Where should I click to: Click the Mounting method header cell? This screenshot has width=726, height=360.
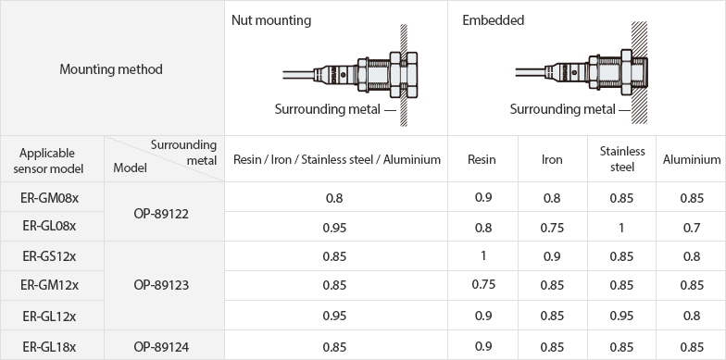tap(111, 69)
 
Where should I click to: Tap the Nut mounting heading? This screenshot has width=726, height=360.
tap(271, 20)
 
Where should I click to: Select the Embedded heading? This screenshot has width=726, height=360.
tap(493, 20)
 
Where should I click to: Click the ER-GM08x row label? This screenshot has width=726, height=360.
tap(50, 198)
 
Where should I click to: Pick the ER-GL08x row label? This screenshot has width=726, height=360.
tap(50, 226)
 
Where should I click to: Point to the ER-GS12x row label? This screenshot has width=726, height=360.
tap(50, 255)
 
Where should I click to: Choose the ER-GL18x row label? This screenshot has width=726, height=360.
tap(50, 346)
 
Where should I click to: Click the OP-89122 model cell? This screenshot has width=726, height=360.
tap(161, 215)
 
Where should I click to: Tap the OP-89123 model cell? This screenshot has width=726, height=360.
tap(161, 285)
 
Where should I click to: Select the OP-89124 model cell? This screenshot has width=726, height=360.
tap(161, 346)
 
